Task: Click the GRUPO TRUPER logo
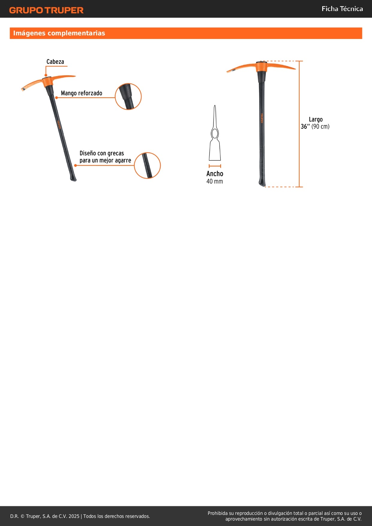pyautogui.click(x=46, y=10)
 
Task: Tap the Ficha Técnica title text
pyautogui.click(x=342, y=9)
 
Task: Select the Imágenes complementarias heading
pyautogui.click(x=59, y=33)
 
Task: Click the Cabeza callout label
pyautogui.click(x=55, y=62)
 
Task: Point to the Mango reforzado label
pyautogui.click(x=82, y=93)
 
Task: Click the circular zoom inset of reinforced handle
pyautogui.click(x=128, y=96)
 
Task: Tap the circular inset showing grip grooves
pyautogui.click(x=147, y=165)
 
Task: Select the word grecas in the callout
pyautogui.click(x=116, y=153)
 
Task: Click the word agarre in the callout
pyautogui.click(x=123, y=160)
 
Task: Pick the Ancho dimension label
pyautogui.click(x=215, y=174)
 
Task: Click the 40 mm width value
pyautogui.click(x=215, y=181)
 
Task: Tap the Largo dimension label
pyautogui.click(x=316, y=119)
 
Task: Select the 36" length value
pyautogui.click(x=305, y=127)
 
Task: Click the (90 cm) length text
pyautogui.click(x=320, y=127)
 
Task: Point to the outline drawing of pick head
pyautogui.click(x=215, y=135)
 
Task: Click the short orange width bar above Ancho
pyautogui.click(x=215, y=166)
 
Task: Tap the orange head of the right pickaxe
pyautogui.click(x=261, y=67)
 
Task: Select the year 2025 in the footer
pyautogui.click(x=74, y=516)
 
